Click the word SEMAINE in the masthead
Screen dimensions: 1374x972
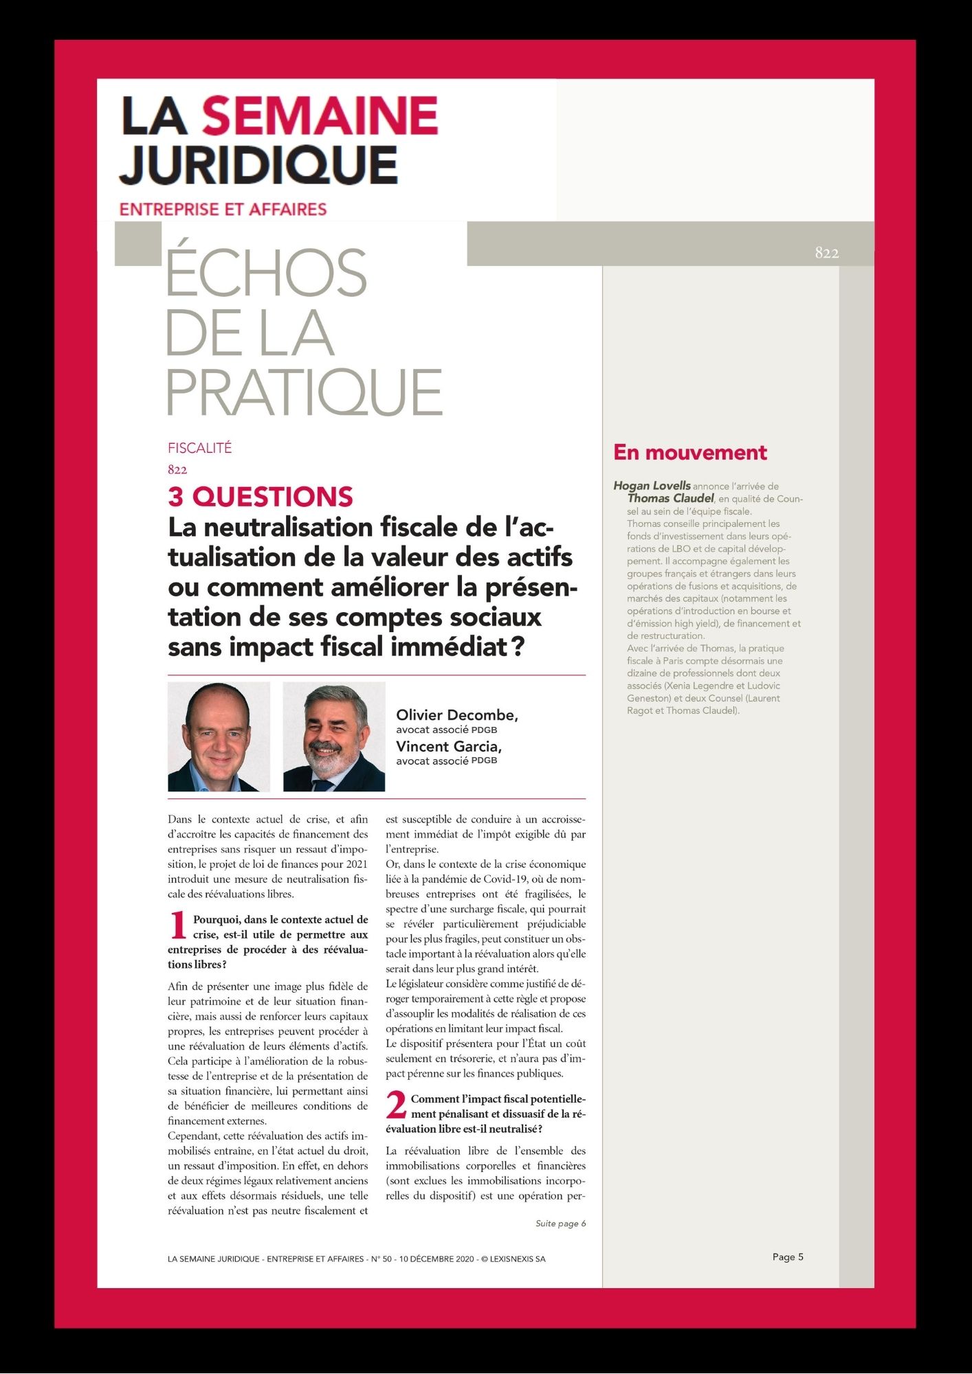[320, 115]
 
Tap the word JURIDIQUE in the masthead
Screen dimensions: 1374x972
[258, 165]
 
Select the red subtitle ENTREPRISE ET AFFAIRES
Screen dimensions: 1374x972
[223, 209]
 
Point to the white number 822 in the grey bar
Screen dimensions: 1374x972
[826, 253]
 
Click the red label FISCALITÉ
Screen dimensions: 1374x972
[199, 448]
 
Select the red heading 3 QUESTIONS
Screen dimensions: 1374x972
[261, 496]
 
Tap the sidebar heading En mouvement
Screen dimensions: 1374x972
[689, 452]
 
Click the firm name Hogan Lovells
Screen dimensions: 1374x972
[652, 486]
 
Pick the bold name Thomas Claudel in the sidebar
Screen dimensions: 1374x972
[670, 498]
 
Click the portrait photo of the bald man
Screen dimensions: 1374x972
[219, 736]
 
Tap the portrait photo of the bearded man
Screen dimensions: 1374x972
[334, 736]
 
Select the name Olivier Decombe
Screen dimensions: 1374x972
[456, 715]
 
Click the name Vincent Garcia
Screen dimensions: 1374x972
[448, 746]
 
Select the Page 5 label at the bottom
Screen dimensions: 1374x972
[788, 1257]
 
